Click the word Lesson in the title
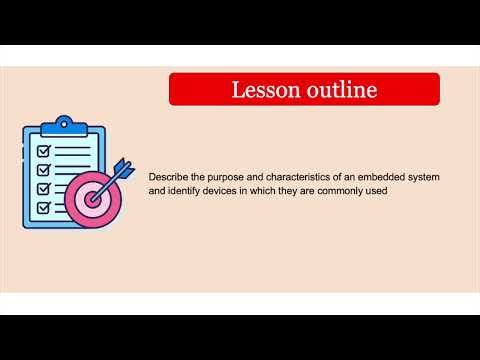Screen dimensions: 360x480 tap(262, 90)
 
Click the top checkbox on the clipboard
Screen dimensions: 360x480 tap(44, 151)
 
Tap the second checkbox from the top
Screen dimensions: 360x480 tap(44, 170)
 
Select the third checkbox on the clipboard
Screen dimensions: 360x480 tap(44, 188)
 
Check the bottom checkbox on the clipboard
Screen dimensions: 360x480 tap(44, 207)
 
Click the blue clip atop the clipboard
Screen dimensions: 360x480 tap(64, 124)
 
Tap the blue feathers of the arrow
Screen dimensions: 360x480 tap(123, 167)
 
